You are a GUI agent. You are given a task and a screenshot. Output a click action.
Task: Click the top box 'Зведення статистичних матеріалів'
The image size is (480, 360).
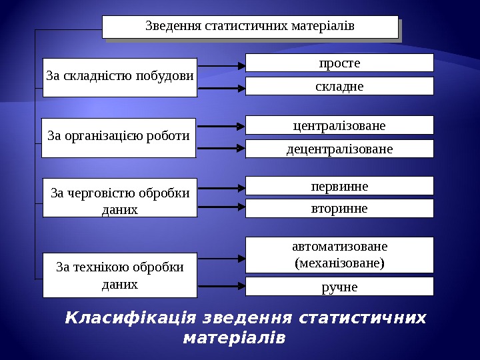(250, 27)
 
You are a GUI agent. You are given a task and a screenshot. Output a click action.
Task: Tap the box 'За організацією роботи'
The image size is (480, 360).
(119, 137)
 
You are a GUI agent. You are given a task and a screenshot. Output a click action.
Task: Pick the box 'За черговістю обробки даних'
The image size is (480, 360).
(120, 197)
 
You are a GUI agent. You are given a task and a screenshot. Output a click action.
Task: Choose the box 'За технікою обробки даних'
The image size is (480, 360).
(120, 275)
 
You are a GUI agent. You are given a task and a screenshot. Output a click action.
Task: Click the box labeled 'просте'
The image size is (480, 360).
(339, 63)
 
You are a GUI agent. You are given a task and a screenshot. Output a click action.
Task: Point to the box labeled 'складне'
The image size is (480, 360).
(339, 86)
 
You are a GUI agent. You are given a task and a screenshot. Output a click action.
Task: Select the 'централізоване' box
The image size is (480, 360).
(339, 125)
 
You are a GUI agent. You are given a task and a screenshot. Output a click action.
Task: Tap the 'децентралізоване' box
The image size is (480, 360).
(339, 149)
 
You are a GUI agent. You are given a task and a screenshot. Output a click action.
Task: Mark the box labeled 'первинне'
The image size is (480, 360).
(339, 186)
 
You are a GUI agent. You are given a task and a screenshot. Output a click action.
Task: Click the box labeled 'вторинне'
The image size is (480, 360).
(339, 209)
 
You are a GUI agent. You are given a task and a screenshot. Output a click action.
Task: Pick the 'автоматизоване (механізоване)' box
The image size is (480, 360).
(339, 254)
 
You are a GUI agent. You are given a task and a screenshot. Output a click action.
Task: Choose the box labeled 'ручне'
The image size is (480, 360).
(339, 287)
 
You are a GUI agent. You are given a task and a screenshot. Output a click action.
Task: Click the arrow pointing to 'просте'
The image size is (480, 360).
(221, 66)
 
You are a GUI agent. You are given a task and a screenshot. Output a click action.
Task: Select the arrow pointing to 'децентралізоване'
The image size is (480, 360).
(221, 148)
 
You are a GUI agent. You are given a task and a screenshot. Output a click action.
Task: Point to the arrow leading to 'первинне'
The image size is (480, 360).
(221, 186)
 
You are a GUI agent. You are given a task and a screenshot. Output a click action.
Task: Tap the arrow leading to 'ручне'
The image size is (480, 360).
(221, 286)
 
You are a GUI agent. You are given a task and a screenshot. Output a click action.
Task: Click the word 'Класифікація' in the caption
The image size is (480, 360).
(130, 318)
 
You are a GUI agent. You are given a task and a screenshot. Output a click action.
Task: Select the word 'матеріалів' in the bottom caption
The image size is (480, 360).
(234, 337)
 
